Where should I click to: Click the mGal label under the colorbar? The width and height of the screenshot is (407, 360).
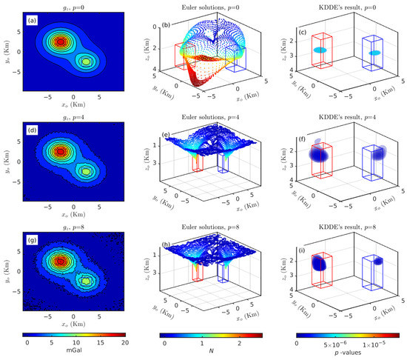click(74, 353)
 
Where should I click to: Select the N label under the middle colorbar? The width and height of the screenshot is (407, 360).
click(211, 353)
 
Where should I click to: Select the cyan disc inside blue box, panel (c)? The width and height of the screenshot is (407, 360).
click(374, 53)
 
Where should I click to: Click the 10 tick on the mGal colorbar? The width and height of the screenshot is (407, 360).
click(74, 344)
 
